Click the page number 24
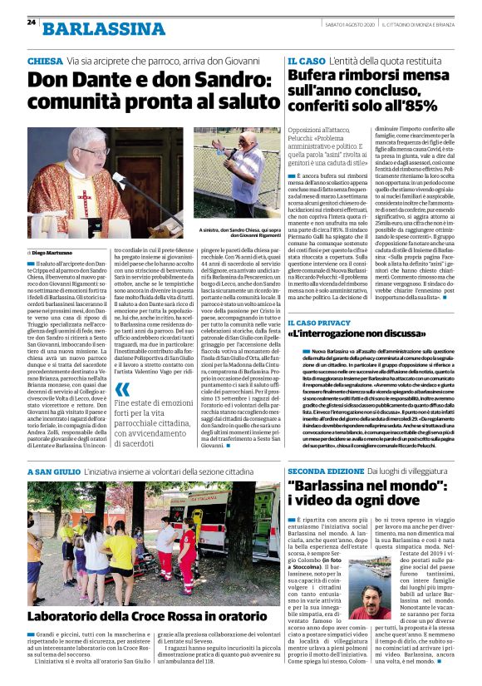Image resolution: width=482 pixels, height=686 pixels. tap(31, 22)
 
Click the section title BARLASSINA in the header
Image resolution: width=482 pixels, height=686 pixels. tap(104, 29)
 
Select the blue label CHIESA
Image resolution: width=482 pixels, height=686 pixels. tap(45, 62)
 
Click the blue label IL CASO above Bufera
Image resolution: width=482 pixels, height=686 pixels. tap(306, 62)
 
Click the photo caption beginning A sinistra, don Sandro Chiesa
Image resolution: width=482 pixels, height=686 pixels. tap(241, 233)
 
